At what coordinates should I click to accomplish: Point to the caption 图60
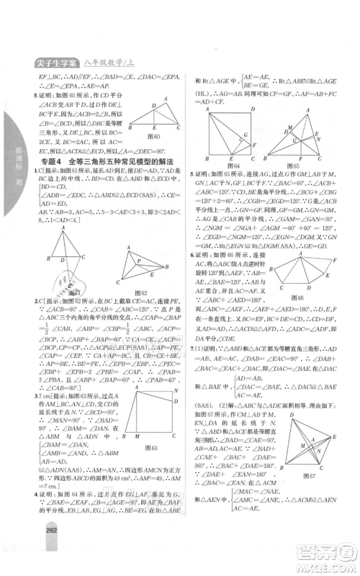[x=153, y=134]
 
